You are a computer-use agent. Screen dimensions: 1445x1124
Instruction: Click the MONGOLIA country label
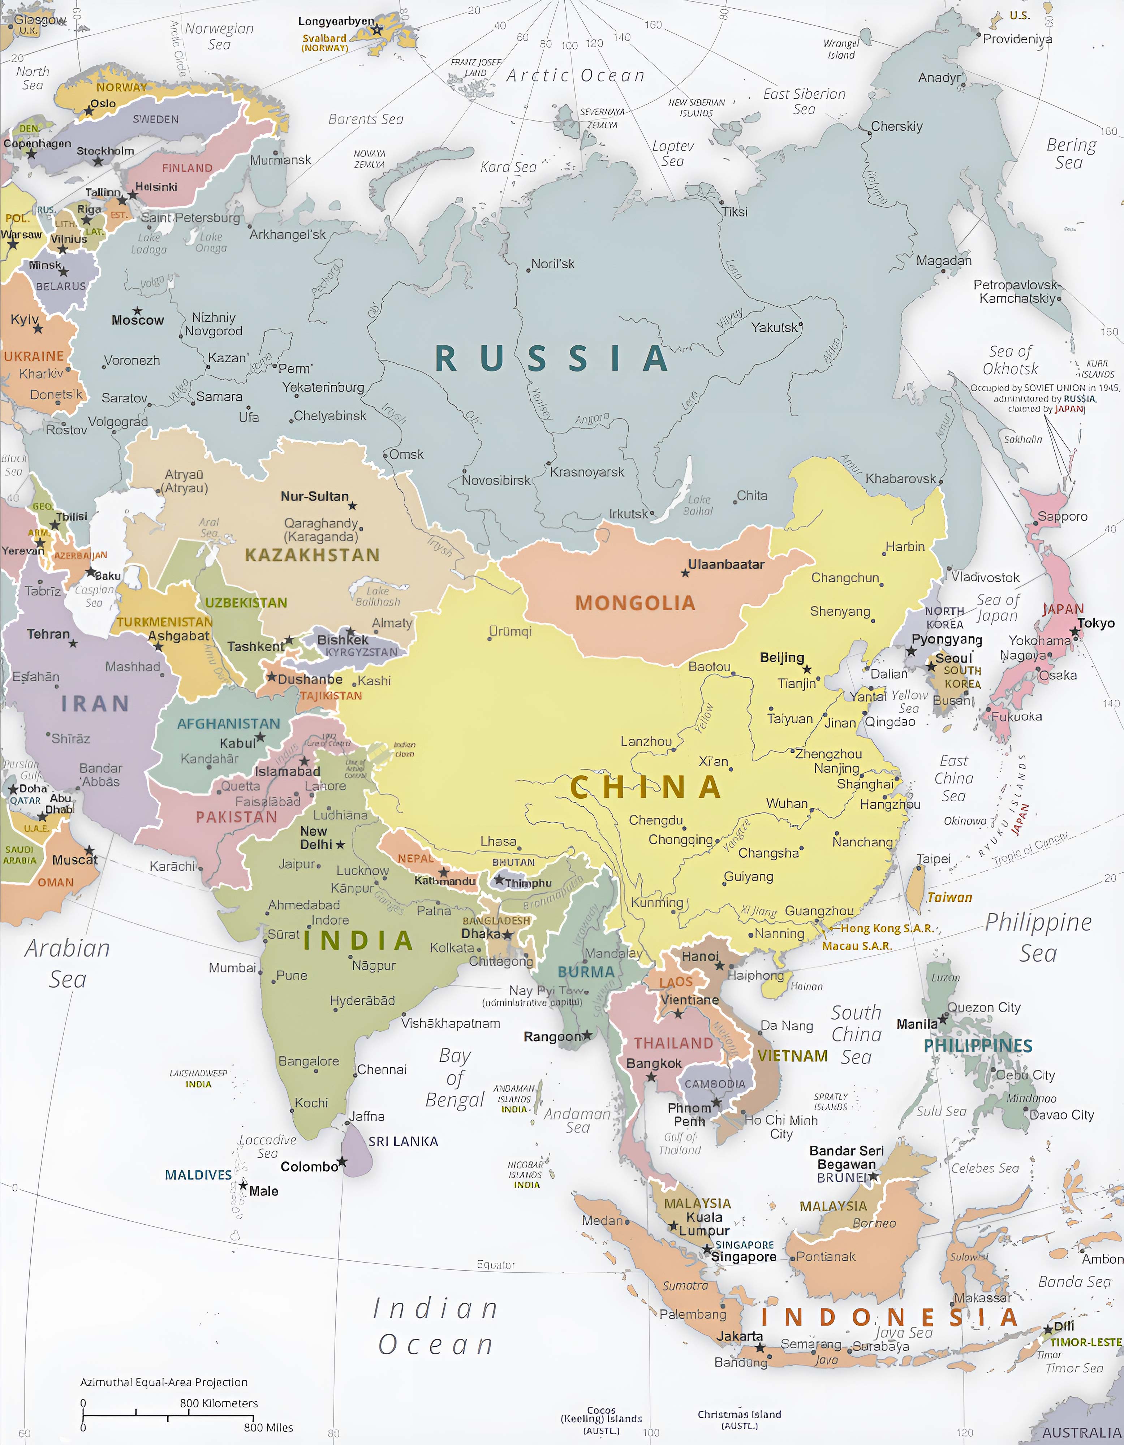[x=635, y=603]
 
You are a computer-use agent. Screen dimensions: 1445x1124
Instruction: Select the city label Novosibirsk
[x=496, y=480]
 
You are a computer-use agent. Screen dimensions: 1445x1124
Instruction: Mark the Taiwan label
[x=949, y=897]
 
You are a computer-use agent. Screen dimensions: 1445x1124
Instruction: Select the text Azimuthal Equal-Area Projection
[x=163, y=1382]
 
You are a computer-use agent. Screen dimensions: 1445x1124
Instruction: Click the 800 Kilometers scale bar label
[x=219, y=1403]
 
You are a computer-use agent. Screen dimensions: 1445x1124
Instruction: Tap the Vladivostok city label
[x=985, y=577]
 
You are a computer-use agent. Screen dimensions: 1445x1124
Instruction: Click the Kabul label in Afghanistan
[x=237, y=743]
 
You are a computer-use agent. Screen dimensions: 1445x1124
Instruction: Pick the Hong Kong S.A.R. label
[x=887, y=928]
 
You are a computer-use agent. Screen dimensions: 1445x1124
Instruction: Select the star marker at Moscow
[x=137, y=310]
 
